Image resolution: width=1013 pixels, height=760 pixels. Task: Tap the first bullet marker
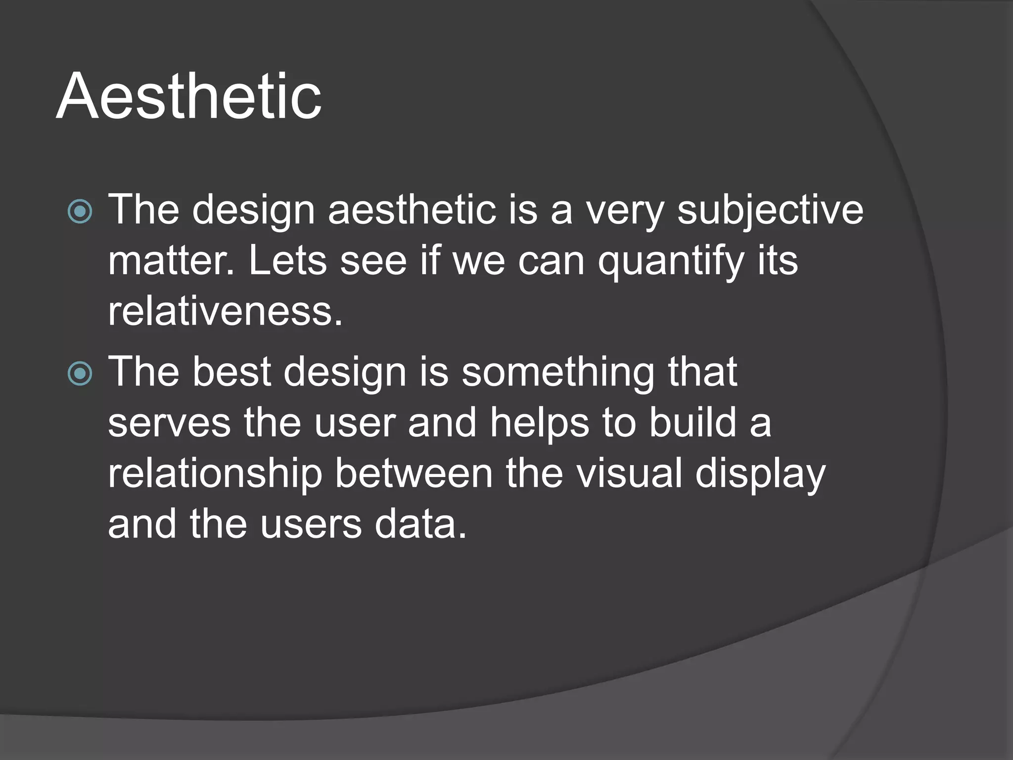[x=80, y=212]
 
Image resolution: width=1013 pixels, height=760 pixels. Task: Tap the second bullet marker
[x=80, y=374]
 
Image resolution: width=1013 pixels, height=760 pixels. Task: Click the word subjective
[x=770, y=210]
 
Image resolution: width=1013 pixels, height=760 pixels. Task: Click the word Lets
[x=287, y=261]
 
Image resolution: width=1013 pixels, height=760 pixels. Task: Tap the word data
[x=420, y=524]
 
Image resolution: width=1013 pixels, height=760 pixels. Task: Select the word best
[x=231, y=372]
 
